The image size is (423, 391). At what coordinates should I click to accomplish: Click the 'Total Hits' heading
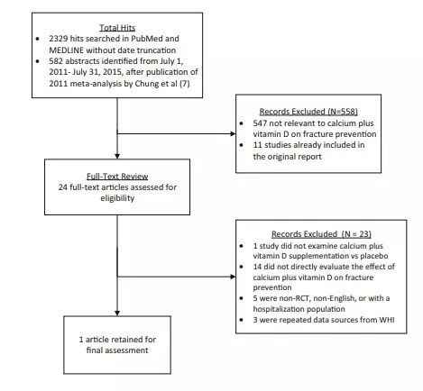(117, 28)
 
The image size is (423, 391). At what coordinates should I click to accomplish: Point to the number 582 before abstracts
(56, 61)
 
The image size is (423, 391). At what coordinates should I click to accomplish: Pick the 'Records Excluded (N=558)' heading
(308, 112)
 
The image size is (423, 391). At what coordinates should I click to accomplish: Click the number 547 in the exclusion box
(260, 123)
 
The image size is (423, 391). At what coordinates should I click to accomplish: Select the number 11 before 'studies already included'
(257, 145)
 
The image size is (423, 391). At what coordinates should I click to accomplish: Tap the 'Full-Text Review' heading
(117, 177)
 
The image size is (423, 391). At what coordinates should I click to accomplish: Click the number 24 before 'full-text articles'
(63, 187)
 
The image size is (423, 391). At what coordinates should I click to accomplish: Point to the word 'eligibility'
(117, 198)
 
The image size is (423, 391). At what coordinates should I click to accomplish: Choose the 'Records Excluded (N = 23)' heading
(321, 234)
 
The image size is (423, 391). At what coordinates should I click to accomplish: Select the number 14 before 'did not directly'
(257, 267)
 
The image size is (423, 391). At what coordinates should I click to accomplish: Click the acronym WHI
(387, 320)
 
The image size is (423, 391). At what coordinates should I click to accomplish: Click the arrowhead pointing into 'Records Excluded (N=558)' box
(233, 133)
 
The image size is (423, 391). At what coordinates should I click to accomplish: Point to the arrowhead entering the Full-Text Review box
(117, 156)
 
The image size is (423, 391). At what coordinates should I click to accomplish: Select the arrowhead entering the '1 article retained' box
(117, 313)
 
